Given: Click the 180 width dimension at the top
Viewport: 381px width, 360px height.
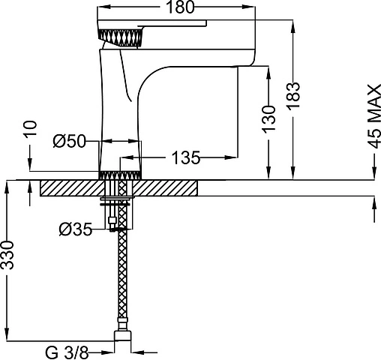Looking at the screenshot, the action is point(180,7).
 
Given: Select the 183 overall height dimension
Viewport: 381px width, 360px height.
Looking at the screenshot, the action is point(293,95).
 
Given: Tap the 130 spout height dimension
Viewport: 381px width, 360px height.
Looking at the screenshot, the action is point(268,118).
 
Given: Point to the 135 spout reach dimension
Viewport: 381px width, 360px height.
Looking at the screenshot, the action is point(186,157).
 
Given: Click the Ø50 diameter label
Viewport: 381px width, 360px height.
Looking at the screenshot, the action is point(69,141).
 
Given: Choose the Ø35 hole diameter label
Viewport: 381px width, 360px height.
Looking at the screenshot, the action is point(76,229).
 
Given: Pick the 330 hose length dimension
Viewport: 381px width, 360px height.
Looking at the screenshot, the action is point(7,255).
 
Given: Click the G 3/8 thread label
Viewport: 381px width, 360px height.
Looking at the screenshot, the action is point(67,352).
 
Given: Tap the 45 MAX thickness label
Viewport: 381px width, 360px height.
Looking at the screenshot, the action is point(374,116).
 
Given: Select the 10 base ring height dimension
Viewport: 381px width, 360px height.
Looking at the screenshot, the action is point(30,128).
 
